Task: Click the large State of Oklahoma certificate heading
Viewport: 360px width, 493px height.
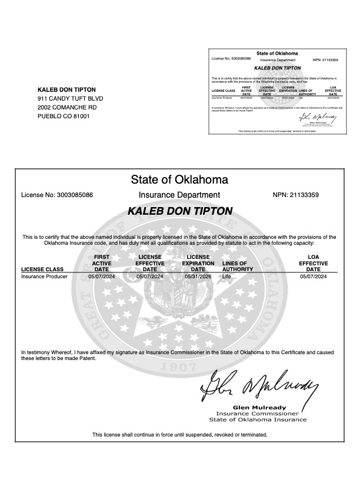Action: coord(179,179)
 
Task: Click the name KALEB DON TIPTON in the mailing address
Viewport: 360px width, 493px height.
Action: coord(66,89)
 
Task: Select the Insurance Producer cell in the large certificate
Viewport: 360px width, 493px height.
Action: coord(44,276)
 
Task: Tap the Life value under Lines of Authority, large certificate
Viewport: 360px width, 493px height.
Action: coord(227,276)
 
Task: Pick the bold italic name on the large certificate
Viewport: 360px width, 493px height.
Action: coord(179,211)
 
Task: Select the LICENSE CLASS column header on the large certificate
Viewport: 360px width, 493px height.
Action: coord(42,269)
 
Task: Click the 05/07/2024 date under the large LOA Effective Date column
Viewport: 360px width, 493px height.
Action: coord(314,276)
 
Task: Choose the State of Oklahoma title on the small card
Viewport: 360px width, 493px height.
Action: coord(277,54)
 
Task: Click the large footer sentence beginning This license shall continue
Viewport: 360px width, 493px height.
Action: coord(179,435)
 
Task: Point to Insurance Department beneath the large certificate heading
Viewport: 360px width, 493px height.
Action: coord(179,195)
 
